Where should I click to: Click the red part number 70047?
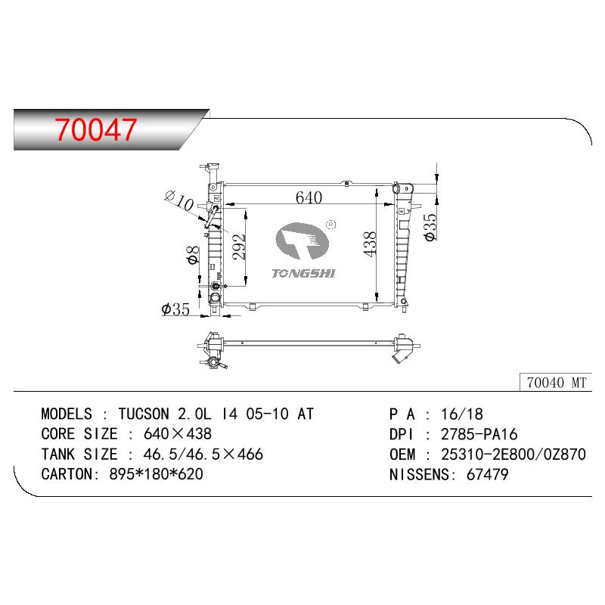click(96, 129)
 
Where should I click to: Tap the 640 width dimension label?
click(309, 197)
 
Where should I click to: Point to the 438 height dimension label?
click(370, 244)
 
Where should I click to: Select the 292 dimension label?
click(239, 247)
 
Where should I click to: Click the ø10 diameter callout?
click(179, 200)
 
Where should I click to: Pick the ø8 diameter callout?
click(193, 255)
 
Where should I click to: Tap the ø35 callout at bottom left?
click(175, 309)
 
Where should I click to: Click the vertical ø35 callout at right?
click(430, 228)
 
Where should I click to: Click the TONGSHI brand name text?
click(303, 273)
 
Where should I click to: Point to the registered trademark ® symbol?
click(331, 225)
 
